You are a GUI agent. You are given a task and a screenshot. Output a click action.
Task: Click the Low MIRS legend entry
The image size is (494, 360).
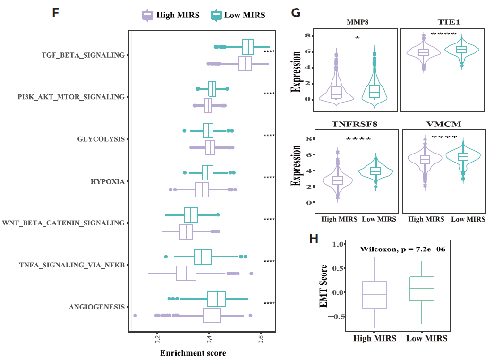[x=238, y=15]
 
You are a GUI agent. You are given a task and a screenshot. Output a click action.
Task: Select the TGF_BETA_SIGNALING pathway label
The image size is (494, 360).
[x=83, y=55]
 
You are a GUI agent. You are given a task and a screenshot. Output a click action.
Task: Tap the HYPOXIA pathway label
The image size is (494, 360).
[x=108, y=181]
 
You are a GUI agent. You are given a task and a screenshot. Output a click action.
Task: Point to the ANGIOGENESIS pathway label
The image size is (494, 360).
[x=97, y=307]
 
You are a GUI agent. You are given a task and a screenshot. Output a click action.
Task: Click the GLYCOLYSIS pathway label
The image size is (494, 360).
[x=101, y=139]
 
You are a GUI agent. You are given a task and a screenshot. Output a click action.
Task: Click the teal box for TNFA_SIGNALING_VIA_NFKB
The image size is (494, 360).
[x=203, y=257]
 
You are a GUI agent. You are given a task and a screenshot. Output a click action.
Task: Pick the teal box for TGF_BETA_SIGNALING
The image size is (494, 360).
[x=248, y=47]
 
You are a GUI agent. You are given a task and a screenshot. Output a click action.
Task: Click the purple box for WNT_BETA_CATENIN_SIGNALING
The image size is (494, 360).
[x=186, y=231]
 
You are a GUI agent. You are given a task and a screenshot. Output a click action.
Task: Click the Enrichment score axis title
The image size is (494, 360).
[x=193, y=353]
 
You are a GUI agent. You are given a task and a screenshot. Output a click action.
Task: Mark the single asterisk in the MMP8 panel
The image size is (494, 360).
[x=357, y=38]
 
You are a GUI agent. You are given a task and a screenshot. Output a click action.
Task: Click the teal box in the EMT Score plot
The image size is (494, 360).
[x=421, y=288]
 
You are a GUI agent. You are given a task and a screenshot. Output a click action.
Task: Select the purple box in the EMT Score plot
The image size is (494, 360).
[x=374, y=294]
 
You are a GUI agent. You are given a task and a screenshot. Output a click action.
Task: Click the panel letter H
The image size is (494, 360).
[x=314, y=239]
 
